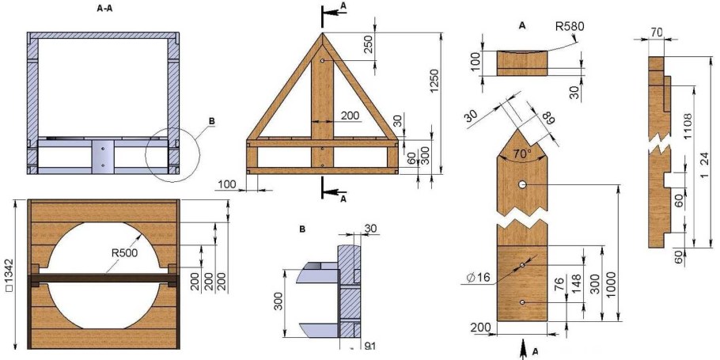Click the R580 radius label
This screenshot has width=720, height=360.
[570, 27]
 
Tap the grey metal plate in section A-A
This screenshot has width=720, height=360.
[101, 155]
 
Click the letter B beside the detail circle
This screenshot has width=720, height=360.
[211, 121]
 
